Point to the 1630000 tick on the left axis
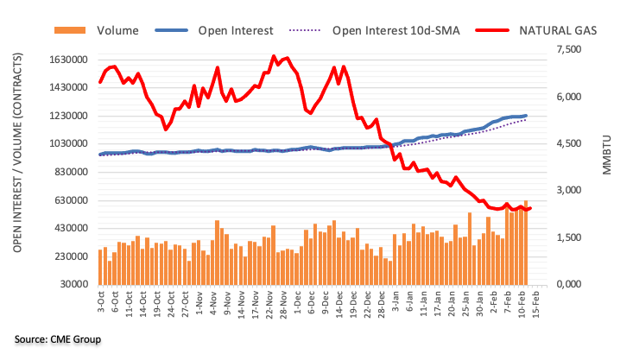point(70,60)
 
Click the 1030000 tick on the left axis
point(70,144)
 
